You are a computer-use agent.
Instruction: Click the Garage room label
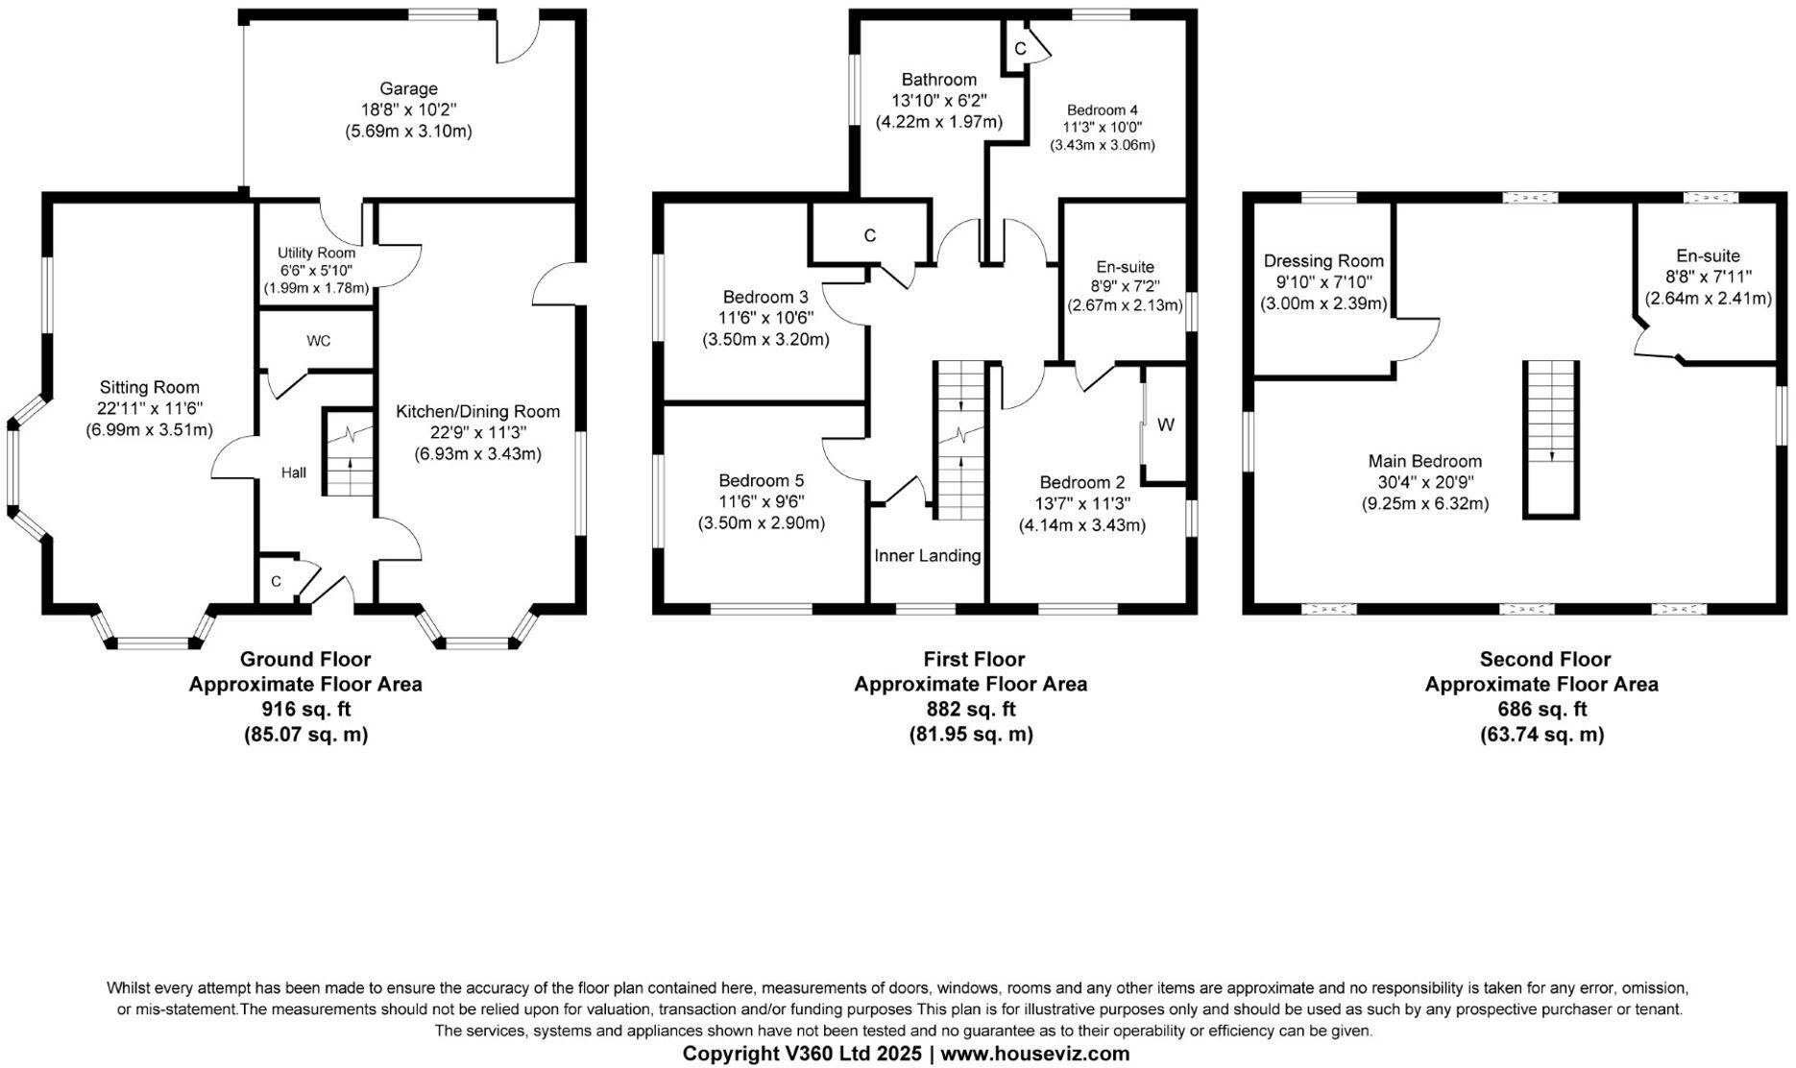[408, 89]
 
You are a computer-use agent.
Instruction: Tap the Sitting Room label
[150, 387]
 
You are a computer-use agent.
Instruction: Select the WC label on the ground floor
[319, 341]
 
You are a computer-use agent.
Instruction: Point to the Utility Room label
[316, 253]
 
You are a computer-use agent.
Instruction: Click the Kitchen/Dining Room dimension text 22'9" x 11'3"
[477, 432]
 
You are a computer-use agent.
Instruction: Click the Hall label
[294, 473]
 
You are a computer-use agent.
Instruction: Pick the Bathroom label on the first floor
[938, 80]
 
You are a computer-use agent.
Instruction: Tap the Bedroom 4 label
[1102, 110]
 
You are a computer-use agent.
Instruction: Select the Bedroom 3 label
[765, 297]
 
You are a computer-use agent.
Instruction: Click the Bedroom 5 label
[761, 480]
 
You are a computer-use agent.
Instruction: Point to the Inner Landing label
[927, 555]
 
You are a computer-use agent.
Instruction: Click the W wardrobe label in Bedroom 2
[1165, 425]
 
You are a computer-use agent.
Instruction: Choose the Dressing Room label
[1323, 261]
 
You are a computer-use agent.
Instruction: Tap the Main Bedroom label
[1424, 461]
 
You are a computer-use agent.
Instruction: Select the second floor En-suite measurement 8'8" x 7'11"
[1708, 278]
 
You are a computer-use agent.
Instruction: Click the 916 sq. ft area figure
[305, 710]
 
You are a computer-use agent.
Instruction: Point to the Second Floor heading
[1544, 660]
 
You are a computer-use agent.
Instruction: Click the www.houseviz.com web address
[1034, 1054]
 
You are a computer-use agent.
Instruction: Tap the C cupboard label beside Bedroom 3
[869, 235]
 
